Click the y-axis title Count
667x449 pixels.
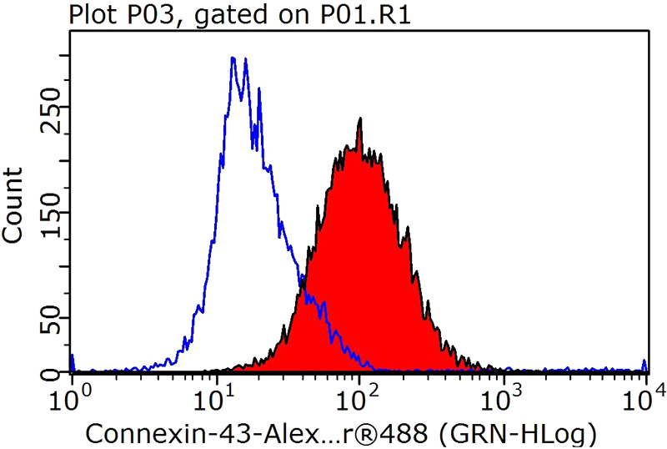coord(14,205)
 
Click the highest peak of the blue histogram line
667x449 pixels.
coord(233,58)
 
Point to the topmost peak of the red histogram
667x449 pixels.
coord(360,119)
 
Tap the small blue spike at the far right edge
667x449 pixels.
coord(644,363)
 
